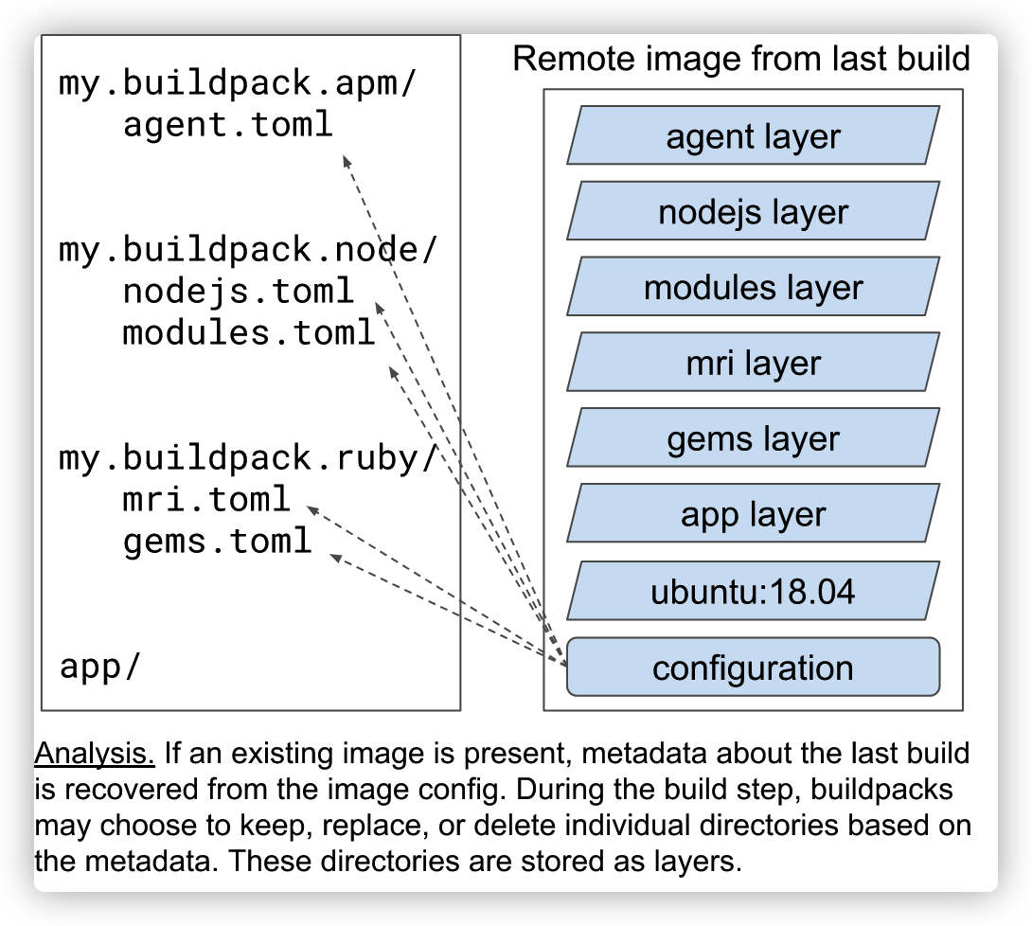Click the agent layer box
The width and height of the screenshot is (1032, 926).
(x=753, y=136)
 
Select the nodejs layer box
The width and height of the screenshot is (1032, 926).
(x=753, y=212)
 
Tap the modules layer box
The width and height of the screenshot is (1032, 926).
(x=753, y=288)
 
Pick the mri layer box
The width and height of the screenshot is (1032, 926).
(x=753, y=364)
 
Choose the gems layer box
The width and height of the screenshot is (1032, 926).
(x=753, y=439)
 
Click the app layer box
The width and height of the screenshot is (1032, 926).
(x=753, y=515)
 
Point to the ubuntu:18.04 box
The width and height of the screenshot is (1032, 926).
(x=753, y=593)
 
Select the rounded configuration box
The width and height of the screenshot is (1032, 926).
(x=753, y=668)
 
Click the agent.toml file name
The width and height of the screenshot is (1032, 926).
(x=228, y=125)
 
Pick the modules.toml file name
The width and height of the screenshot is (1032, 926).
(x=249, y=333)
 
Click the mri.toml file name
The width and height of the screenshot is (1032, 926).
(x=206, y=499)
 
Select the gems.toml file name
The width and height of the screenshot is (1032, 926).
(x=217, y=541)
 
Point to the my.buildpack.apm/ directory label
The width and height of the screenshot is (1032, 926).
(x=238, y=83)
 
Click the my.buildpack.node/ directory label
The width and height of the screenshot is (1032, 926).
(x=248, y=250)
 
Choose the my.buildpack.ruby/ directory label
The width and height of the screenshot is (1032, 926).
(x=248, y=458)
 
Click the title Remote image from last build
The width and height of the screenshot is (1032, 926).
(x=741, y=59)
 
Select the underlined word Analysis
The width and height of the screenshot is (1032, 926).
(x=95, y=755)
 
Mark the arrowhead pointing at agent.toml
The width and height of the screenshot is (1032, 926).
(x=347, y=160)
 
